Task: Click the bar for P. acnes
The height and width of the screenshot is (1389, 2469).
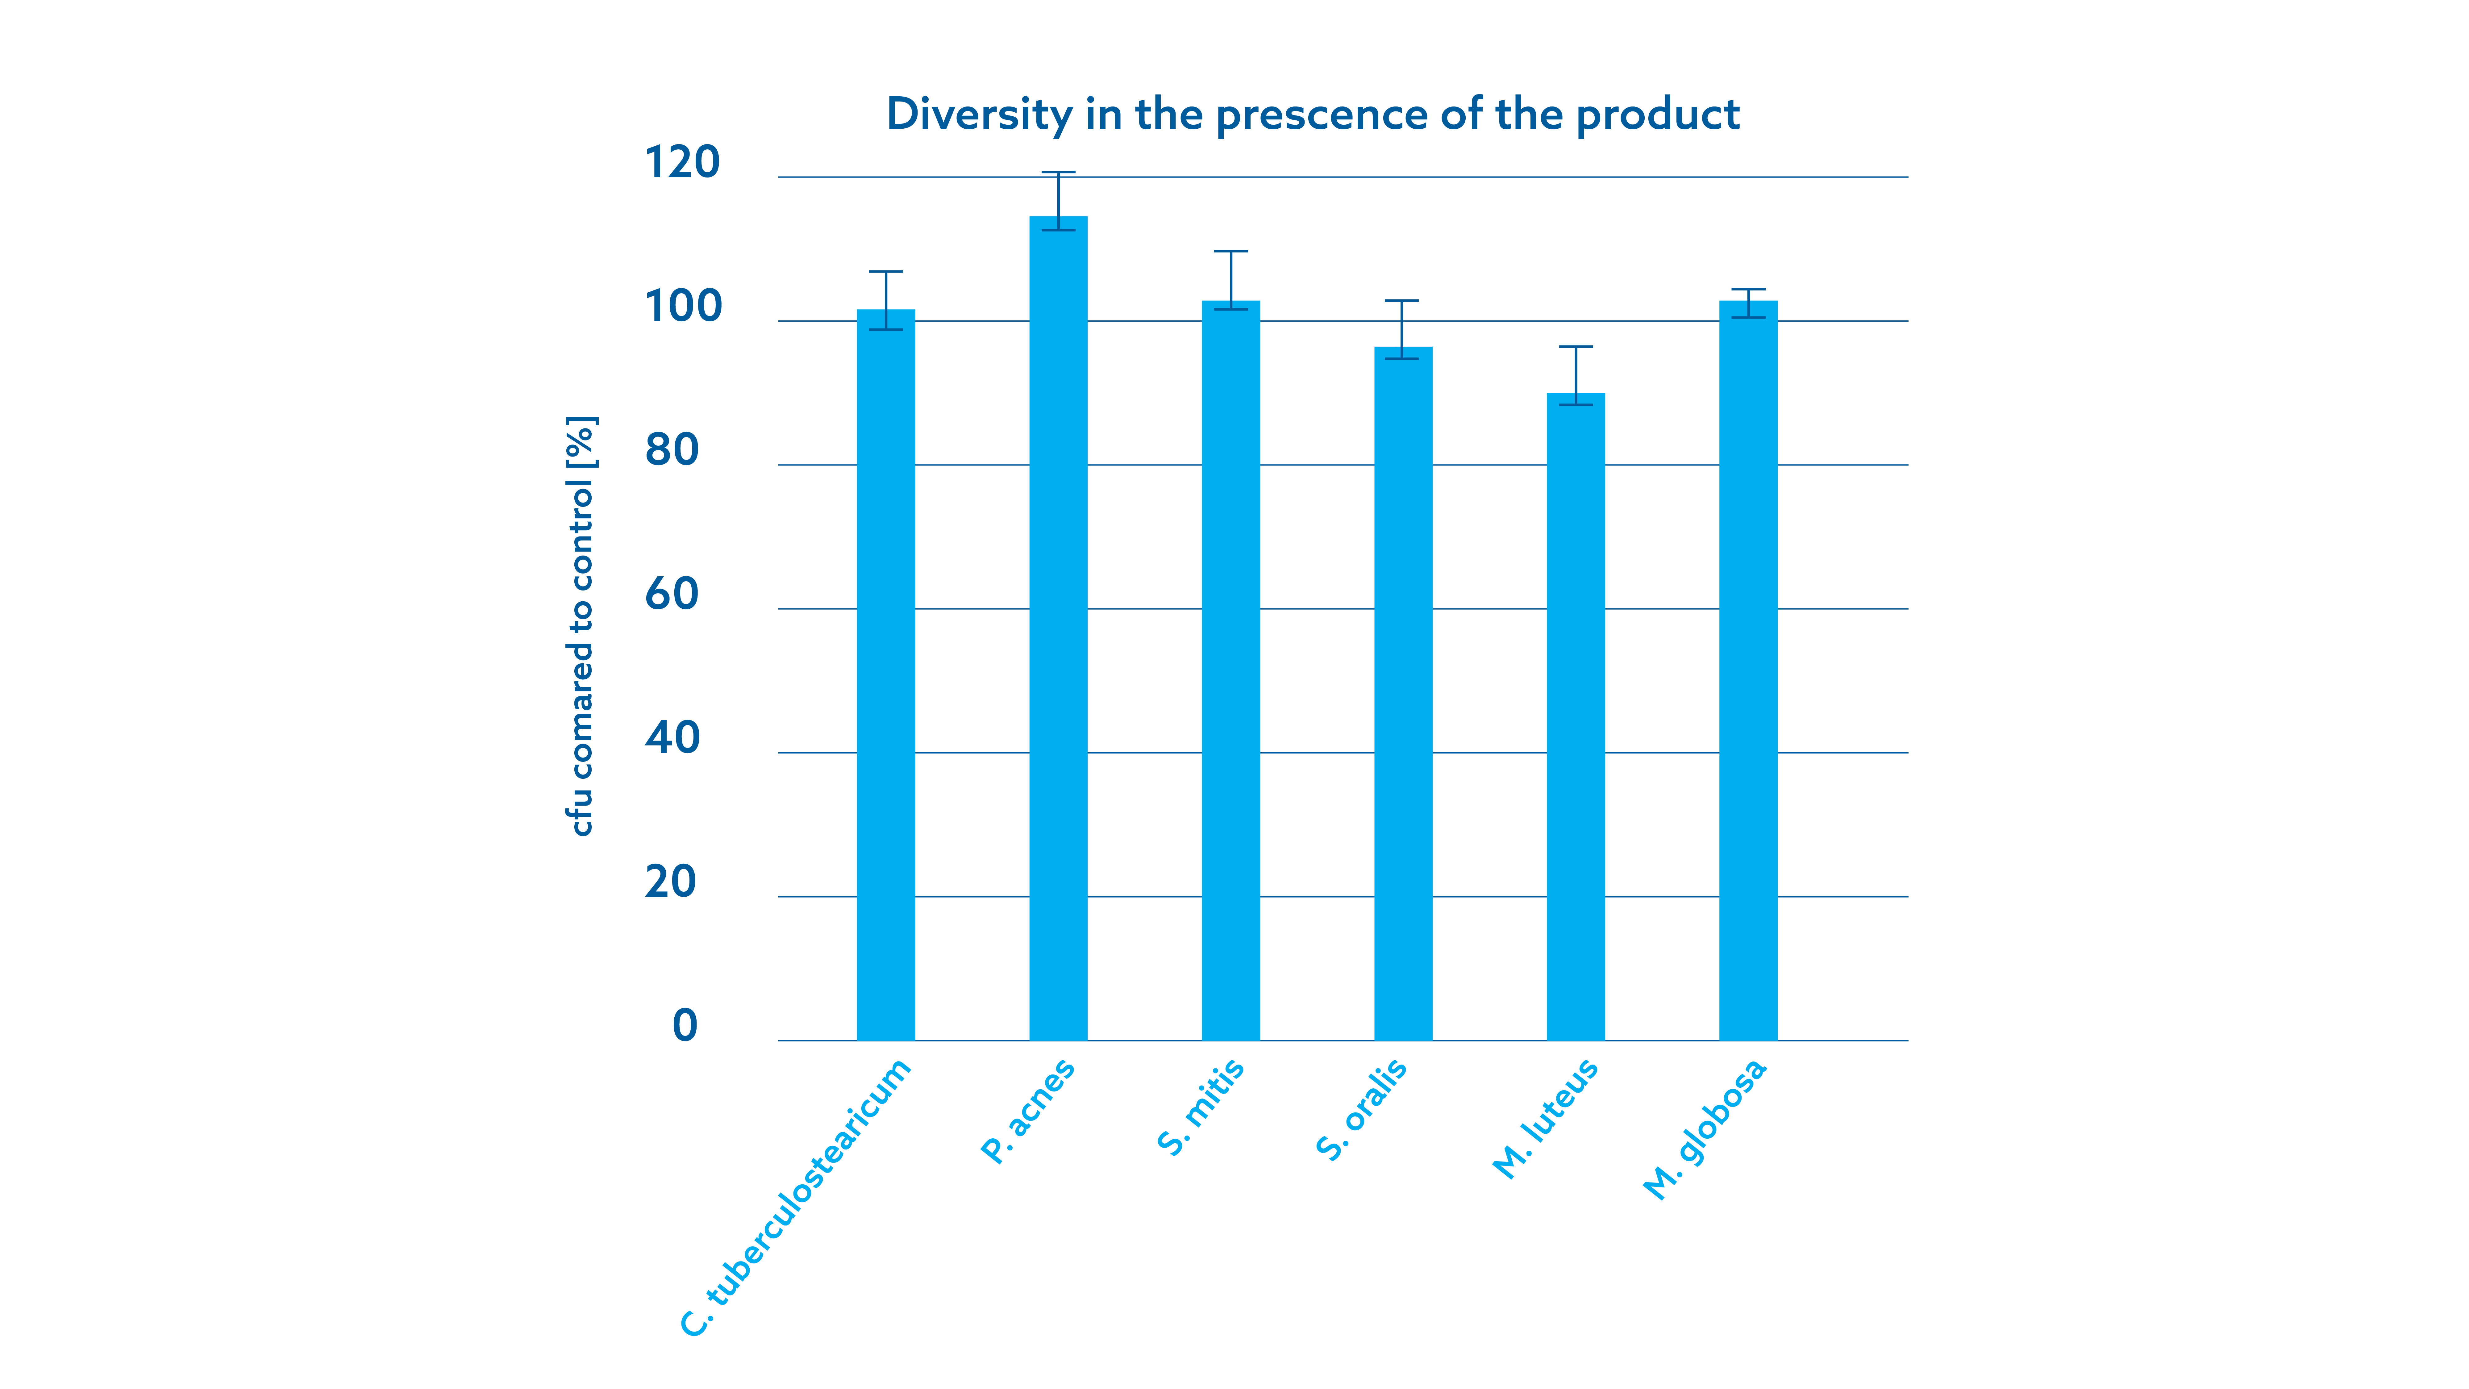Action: pos(1058,628)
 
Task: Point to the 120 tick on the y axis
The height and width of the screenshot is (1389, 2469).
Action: pos(681,163)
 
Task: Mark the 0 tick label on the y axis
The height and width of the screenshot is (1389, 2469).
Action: pos(684,1026)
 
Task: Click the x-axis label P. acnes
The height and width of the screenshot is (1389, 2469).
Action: pos(1027,1112)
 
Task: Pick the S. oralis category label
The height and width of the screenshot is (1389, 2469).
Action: pos(1361,1110)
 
